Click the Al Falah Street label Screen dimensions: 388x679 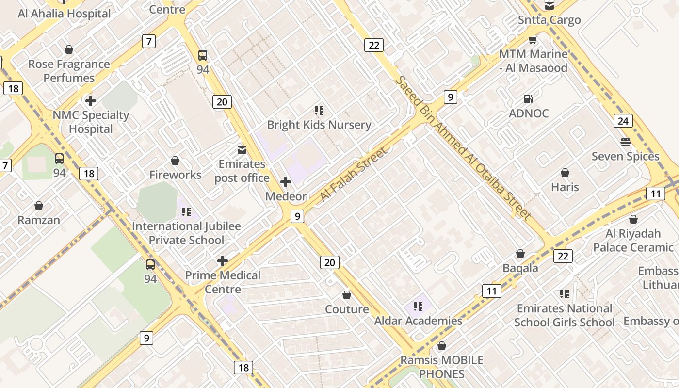pos(354,175)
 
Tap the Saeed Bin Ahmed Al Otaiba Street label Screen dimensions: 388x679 pos(463,147)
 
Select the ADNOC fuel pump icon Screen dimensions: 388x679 pos(528,99)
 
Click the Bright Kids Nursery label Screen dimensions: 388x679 pos(319,125)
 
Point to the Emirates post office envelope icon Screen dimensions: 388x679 pos(242,149)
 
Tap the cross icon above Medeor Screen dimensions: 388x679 pos(286,182)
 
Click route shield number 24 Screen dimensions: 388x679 pos(623,121)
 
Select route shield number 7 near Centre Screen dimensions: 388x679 pos(149,41)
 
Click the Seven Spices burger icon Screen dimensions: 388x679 pos(625,142)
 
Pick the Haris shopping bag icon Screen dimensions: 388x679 pos(565,173)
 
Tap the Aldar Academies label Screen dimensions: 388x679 pos(418,321)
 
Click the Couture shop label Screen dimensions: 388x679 pos(347,309)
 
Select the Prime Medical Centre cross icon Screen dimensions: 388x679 pos(223,261)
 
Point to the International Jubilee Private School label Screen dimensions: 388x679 pos(186,233)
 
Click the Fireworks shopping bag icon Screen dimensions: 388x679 pos(175,161)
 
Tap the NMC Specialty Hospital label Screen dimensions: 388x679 pos(91,122)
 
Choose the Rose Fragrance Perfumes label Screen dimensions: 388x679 pos(69,71)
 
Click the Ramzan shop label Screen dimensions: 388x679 pos(39,220)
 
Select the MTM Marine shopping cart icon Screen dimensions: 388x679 pos(533,40)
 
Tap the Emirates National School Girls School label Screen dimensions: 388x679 pos(565,315)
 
